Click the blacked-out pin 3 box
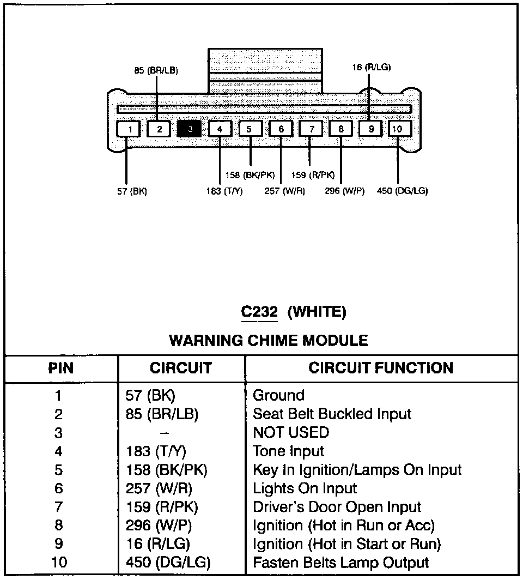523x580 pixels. (189, 129)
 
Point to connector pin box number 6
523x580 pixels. (281, 129)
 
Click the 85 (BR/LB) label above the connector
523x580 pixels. (156, 70)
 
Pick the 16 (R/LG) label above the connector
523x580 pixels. (371, 68)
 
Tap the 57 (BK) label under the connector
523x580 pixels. (132, 191)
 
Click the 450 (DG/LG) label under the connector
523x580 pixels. (402, 191)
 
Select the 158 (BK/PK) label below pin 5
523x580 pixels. (250, 176)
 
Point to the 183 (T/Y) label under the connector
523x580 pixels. (224, 191)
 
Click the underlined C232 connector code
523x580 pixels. (259, 312)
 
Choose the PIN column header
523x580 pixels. (61, 368)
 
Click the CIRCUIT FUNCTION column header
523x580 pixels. (381, 368)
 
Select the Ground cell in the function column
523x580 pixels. (278, 396)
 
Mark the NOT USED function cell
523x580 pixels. (291, 433)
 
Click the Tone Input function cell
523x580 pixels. (288, 451)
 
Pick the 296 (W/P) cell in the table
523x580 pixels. (159, 525)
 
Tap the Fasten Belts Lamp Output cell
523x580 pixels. (340, 563)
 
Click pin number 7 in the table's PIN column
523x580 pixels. (59, 507)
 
